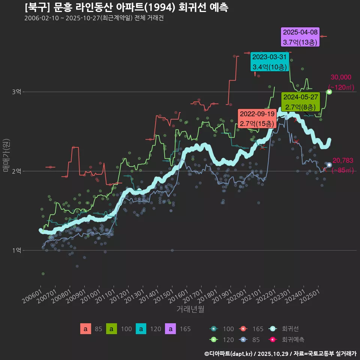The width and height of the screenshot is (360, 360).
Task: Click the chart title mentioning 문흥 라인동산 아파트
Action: click(x=126, y=7)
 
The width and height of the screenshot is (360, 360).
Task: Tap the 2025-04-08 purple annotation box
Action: click(x=300, y=37)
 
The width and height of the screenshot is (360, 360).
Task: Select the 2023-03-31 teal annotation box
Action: click(x=269, y=62)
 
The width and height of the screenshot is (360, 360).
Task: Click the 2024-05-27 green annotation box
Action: click(x=301, y=102)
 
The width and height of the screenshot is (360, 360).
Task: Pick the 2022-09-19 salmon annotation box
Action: click(x=257, y=118)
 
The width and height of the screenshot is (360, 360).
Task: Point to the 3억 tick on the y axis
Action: click(x=16, y=92)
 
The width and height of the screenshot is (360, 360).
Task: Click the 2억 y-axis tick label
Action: click(x=16, y=171)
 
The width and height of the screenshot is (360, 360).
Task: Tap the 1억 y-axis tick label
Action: click(x=16, y=250)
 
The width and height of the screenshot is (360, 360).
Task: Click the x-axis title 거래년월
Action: click(x=190, y=309)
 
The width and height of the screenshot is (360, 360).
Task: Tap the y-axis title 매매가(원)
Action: click(x=6, y=155)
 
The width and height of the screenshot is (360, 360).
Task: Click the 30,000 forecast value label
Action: click(x=341, y=78)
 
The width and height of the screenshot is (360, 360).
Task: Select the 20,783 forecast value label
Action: click(x=343, y=160)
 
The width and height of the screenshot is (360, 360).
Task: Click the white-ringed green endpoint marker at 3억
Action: click(x=329, y=92)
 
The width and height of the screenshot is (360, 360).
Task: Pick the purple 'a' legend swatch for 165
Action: click(x=171, y=329)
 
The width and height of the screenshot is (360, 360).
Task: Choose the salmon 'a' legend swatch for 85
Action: click(x=85, y=329)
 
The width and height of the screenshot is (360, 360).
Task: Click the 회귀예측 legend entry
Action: click(x=293, y=339)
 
